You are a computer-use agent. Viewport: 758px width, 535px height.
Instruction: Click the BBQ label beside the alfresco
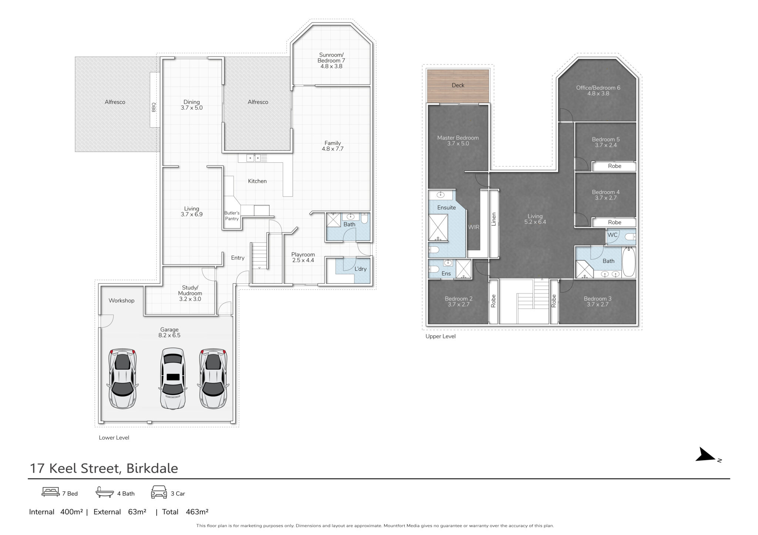click(154, 107)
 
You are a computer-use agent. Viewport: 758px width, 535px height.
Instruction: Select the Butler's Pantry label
click(232, 216)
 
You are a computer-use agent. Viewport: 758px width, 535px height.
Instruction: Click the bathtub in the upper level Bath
click(628, 262)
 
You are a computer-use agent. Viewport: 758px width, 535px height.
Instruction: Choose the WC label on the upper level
click(612, 235)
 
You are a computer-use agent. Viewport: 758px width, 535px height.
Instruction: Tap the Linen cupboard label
click(493, 219)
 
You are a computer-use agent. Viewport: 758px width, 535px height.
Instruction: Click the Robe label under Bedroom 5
click(614, 166)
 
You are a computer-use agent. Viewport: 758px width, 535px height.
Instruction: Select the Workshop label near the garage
click(121, 300)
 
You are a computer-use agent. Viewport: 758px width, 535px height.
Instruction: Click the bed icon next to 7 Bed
click(50, 492)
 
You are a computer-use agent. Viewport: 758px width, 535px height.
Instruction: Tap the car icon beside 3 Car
click(159, 492)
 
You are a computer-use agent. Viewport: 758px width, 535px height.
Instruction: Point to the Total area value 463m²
click(197, 512)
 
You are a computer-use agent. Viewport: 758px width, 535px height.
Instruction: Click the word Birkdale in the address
click(152, 468)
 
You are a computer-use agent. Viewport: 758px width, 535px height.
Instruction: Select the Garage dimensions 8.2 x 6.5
click(169, 335)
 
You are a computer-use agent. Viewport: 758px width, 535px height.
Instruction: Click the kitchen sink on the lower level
click(254, 158)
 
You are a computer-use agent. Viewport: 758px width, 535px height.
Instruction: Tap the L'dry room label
click(360, 269)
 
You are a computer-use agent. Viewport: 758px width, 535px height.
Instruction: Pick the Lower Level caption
click(114, 438)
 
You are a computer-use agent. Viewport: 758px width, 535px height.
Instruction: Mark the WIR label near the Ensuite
click(474, 227)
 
